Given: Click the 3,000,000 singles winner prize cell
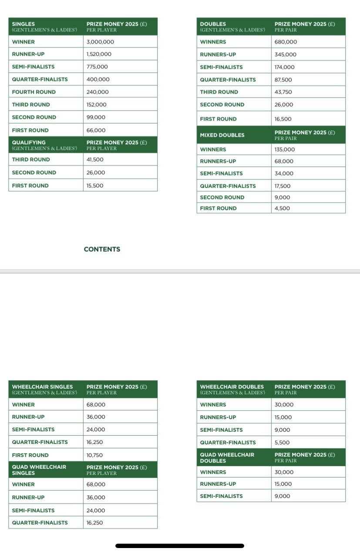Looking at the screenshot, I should point(101,42).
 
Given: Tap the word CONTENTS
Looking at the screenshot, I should point(102,249).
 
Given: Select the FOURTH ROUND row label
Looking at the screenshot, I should point(34,92).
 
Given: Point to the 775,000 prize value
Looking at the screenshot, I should point(98,67).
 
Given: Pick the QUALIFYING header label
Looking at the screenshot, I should point(29,142).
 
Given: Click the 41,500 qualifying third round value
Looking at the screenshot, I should point(95,159).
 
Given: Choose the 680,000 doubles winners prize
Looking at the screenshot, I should point(286,42).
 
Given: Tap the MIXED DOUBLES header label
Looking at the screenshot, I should point(222,135).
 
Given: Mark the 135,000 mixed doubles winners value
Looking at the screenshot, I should point(285,149).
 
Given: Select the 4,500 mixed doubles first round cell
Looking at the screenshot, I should point(282,208).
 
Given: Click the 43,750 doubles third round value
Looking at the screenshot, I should point(283,92).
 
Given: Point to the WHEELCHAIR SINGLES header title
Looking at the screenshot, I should point(43,386).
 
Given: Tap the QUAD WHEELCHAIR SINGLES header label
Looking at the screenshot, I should point(39,470).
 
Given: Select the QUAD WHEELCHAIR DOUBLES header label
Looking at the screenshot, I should point(227,457).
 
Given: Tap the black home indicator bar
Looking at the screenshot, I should point(180,545).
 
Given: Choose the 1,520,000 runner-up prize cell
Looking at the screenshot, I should point(99,54).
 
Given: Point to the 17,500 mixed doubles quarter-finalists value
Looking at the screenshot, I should point(283,186).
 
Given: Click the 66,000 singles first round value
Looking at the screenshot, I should point(96,130).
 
